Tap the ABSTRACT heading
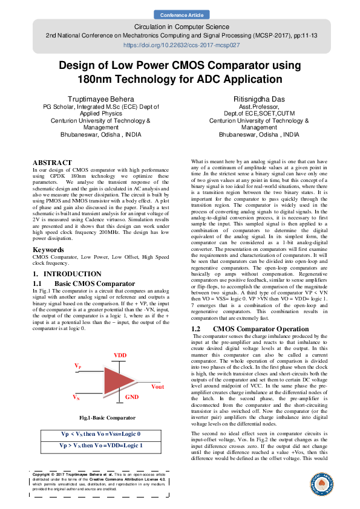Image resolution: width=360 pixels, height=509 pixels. pyautogui.click(x=52, y=163)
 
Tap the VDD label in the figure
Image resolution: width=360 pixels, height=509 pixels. pyautogui.click(x=121, y=355)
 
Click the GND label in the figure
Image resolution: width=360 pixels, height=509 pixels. pyautogui.click(x=132, y=397)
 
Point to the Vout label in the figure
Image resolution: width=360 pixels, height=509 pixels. pyautogui.click(x=157, y=387)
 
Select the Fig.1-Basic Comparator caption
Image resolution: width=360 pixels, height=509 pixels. pyautogui.click(x=107, y=417)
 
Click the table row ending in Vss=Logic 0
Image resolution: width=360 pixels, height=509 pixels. pyautogui.click(x=101, y=434)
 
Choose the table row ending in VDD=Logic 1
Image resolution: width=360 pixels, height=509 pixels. pyautogui.click(x=101, y=445)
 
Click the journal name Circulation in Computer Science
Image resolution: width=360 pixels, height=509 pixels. pyautogui.click(x=180, y=28)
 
